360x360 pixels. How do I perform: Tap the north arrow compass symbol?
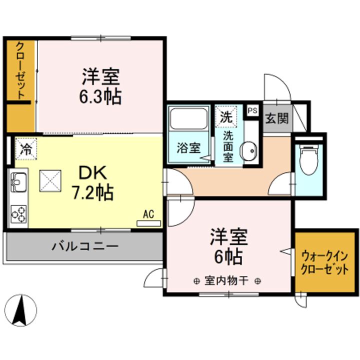pos(20,308)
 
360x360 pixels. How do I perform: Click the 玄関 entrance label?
pos(276,119)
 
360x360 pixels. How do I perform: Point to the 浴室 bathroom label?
pos(188,148)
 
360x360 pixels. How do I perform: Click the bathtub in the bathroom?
pos(189,119)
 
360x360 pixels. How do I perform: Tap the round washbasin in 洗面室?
pos(248,149)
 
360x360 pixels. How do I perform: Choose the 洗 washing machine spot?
pos(226,117)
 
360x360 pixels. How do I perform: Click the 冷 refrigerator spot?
pos(25,148)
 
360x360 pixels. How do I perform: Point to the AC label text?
pos(148,214)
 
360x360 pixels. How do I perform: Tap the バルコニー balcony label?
pos(85,246)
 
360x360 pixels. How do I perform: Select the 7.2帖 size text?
pos(93,191)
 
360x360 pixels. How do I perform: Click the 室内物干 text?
pos(227,280)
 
